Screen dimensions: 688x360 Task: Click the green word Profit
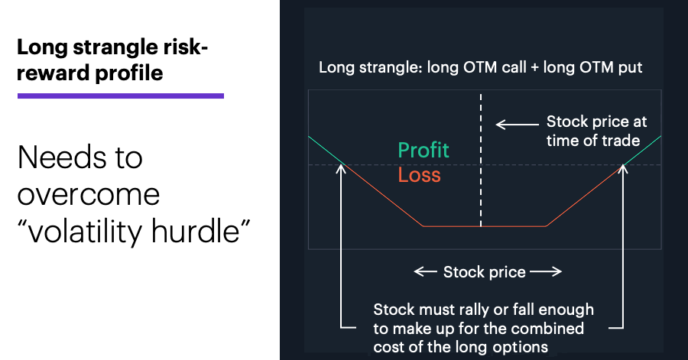[x=424, y=151]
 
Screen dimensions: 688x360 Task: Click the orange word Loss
[x=419, y=174]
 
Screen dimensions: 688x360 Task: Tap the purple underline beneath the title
[x=121, y=96]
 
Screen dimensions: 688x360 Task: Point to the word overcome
[x=89, y=195]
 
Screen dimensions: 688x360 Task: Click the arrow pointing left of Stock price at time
[x=518, y=125]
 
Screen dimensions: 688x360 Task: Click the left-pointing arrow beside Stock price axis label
[x=425, y=272]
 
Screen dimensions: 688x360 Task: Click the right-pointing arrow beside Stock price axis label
[x=546, y=272]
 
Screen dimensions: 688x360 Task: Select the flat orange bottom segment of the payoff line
[x=485, y=226]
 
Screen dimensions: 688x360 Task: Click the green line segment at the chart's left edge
[x=326, y=151]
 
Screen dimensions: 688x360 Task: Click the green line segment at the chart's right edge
[x=642, y=151]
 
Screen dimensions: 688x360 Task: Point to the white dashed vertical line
[x=481, y=160]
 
